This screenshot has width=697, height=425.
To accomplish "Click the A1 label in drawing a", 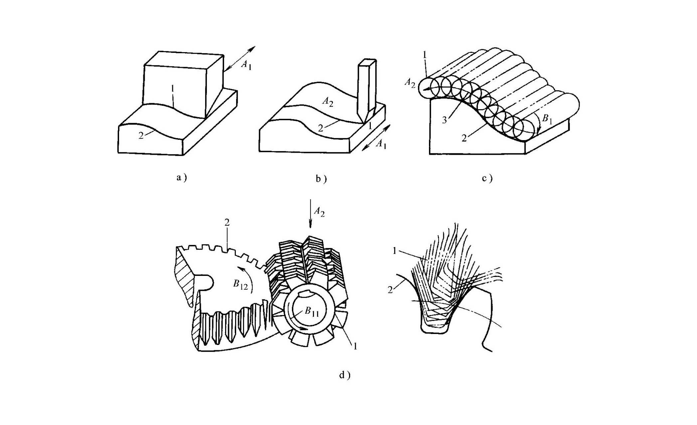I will pyautogui.click(x=246, y=65).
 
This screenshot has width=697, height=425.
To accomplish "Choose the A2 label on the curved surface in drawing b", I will pyautogui.click(x=328, y=102).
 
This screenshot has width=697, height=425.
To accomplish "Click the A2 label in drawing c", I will pyautogui.click(x=410, y=83).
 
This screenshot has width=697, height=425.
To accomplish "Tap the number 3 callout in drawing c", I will pyautogui.click(x=444, y=120).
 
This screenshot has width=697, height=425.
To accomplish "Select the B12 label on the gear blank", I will pyautogui.click(x=240, y=285).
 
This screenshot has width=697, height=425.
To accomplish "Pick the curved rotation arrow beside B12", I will pyautogui.click(x=247, y=279).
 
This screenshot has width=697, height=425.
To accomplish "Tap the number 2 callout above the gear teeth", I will pyautogui.click(x=227, y=222).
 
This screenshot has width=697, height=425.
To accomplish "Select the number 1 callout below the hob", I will pyautogui.click(x=355, y=346).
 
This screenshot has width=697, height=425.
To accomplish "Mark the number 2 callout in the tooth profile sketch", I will pyautogui.click(x=390, y=290).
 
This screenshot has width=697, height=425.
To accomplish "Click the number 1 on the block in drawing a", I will pyautogui.click(x=172, y=89).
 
